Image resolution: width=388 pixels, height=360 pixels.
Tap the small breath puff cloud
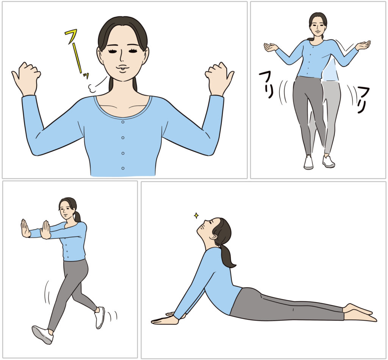coord(92,88)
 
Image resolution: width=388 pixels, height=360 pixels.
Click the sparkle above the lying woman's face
coord(196,216)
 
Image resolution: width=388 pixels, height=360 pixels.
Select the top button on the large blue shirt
coord(123,122)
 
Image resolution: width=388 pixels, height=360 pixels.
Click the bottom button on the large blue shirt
coord(123,169)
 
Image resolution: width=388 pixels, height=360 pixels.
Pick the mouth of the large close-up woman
coord(123,69)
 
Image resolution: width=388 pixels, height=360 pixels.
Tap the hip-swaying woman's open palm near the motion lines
coord(363,45)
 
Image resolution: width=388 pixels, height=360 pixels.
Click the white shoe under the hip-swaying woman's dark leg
coord(308,162)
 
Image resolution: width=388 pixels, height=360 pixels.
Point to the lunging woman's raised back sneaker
coord(100,318)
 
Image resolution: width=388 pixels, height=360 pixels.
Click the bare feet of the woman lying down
coord(360,313)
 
